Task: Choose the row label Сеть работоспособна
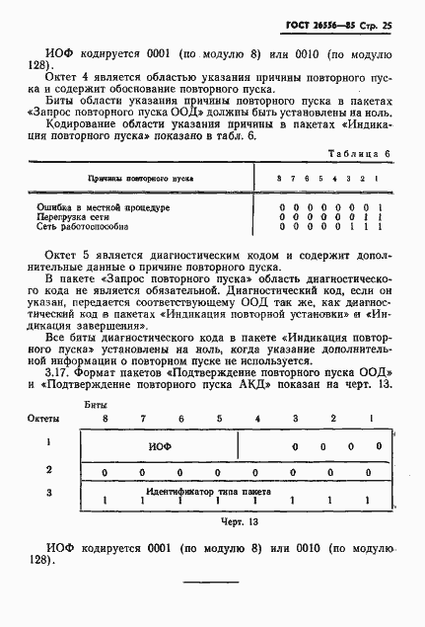(88, 226)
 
